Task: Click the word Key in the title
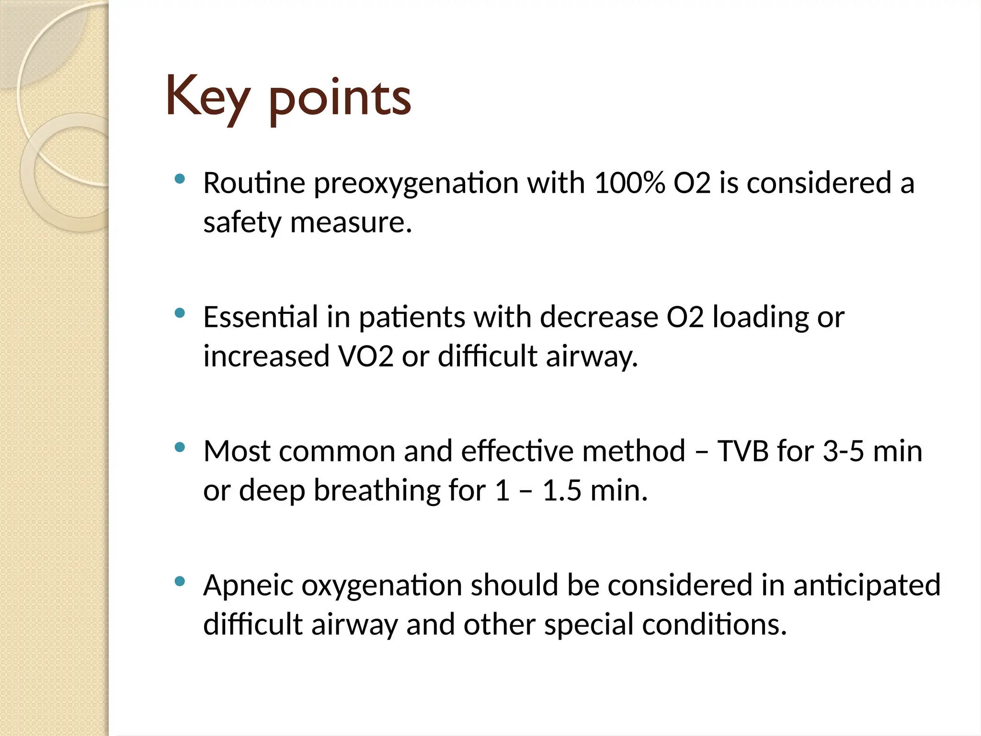[207, 97]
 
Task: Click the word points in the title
[340, 99]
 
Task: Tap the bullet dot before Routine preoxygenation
[180, 179]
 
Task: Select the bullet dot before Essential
[180, 313]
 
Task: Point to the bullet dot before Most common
[180, 448]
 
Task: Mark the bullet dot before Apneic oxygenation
[180, 582]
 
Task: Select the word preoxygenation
[416, 184]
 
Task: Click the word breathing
[377, 491]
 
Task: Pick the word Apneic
[248, 586]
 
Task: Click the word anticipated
[867, 586]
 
